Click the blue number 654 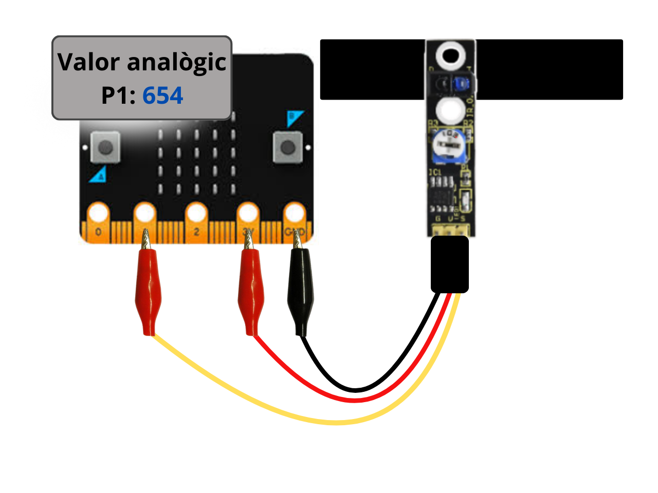[x=162, y=96]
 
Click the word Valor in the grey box [x=88, y=62]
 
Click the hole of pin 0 [x=98, y=213]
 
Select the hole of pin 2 [x=196, y=213]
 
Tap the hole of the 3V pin [x=248, y=213]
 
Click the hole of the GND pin [x=295, y=213]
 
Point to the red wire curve [x=355, y=400]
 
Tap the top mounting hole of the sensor [x=450, y=54]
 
